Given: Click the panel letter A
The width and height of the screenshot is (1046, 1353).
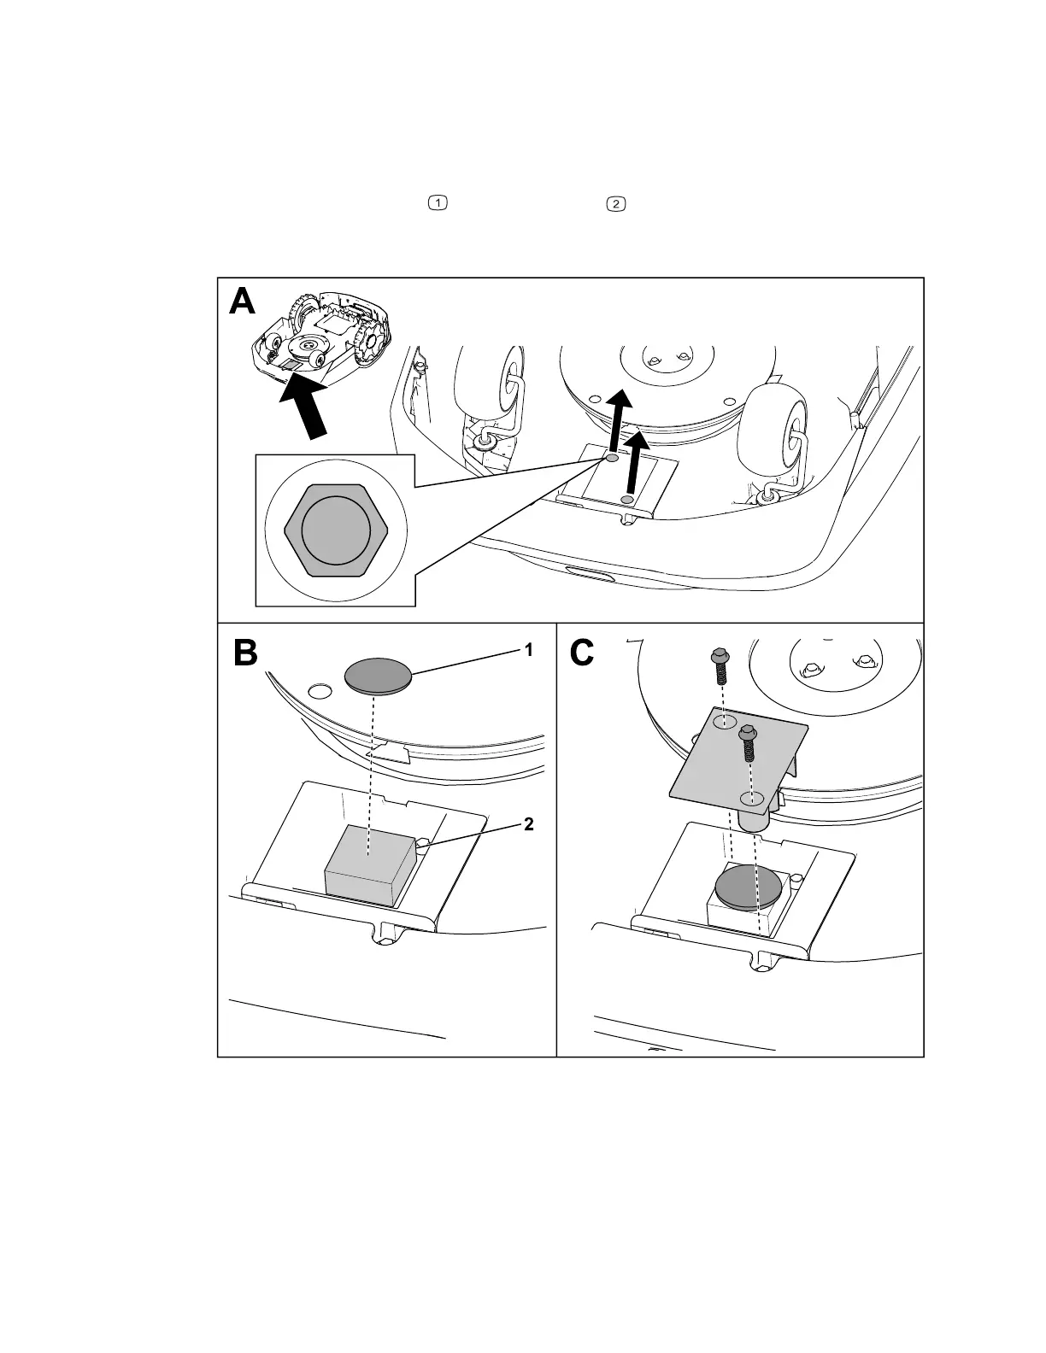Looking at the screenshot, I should pyautogui.click(x=243, y=302).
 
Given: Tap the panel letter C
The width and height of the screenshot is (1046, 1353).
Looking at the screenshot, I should pyautogui.click(x=582, y=653).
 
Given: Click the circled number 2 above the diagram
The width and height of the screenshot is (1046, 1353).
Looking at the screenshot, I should pyautogui.click(x=614, y=204).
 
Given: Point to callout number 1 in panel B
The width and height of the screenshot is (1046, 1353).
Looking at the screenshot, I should pyautogui.click(x=529, y=650).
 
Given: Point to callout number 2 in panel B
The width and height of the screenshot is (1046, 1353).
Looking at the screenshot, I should pyautogui.click(x=529, y=824).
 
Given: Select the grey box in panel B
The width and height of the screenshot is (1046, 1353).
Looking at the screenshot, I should pyautogui.click(x=369, y=864).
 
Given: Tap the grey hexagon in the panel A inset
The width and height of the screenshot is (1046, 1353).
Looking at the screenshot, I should pyautogui.click(x=336, y=530).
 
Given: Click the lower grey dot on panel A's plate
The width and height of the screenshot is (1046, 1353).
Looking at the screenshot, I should pyautogui.click(x=628, y=499).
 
